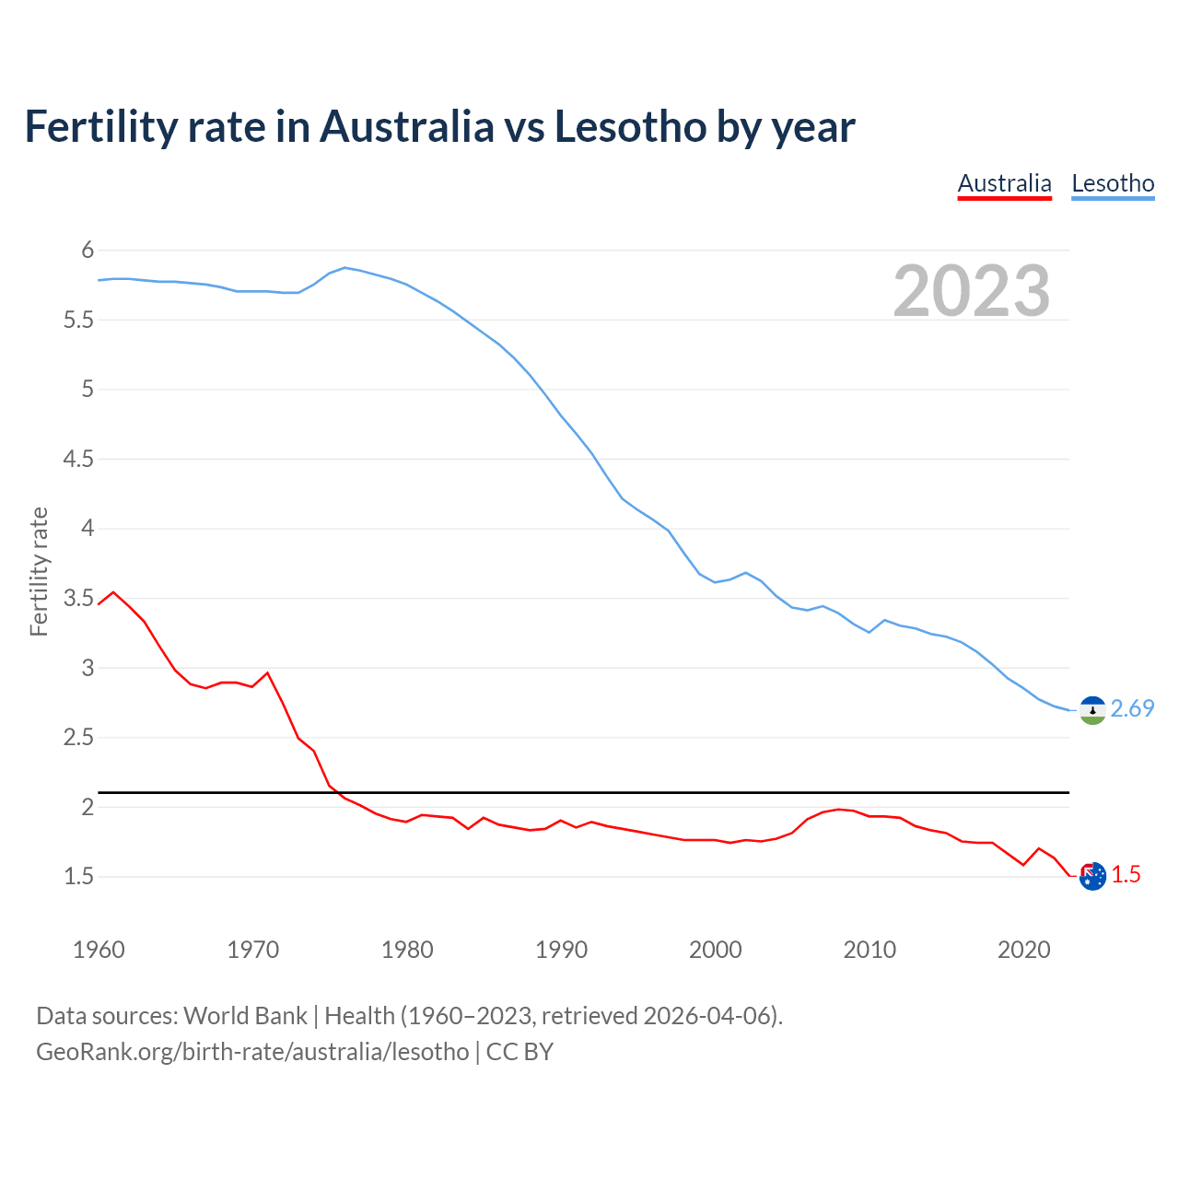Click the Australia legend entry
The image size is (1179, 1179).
1004,183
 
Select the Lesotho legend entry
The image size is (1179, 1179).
1113,183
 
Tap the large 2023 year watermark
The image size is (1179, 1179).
972,291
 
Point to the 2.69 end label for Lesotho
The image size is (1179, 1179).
1132,708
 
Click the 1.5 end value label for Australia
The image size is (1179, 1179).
1126,875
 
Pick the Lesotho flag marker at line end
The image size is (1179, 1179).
1092,710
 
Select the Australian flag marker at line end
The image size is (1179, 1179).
1092,876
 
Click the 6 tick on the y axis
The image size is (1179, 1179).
88,250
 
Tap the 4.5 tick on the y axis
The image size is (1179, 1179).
78,459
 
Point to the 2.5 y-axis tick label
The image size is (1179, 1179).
78,737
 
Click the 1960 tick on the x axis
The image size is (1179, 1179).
99,950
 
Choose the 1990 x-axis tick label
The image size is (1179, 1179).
561,950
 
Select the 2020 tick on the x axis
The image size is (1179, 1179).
1023,950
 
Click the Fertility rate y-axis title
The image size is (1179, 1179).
39,571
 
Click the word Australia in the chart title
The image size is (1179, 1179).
406,126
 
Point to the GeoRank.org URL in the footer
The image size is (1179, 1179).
252,1052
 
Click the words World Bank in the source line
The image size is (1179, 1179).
245,1016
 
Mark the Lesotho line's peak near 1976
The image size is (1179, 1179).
344,267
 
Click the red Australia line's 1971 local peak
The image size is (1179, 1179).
268,672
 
